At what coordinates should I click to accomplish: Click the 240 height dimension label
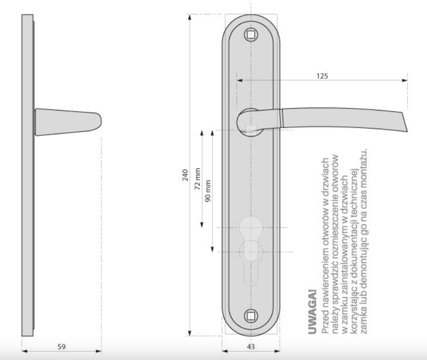click(x=185, y=175)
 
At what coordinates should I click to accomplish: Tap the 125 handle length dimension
click(x=322, y=76)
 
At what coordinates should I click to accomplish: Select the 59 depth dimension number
click(x=62, y=347)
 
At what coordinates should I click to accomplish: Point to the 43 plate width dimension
click(x=251, y=347)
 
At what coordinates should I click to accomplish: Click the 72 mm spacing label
click(x=198, y=178)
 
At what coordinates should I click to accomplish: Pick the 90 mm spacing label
click(x=208, y=191)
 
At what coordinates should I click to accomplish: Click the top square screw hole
click(x=251, y=34)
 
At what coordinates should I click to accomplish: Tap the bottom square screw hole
click(x=251, y=316)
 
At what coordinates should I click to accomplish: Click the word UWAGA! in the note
click(x=313, y=312)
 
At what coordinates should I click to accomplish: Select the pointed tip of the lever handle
click(x=407, y=131)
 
